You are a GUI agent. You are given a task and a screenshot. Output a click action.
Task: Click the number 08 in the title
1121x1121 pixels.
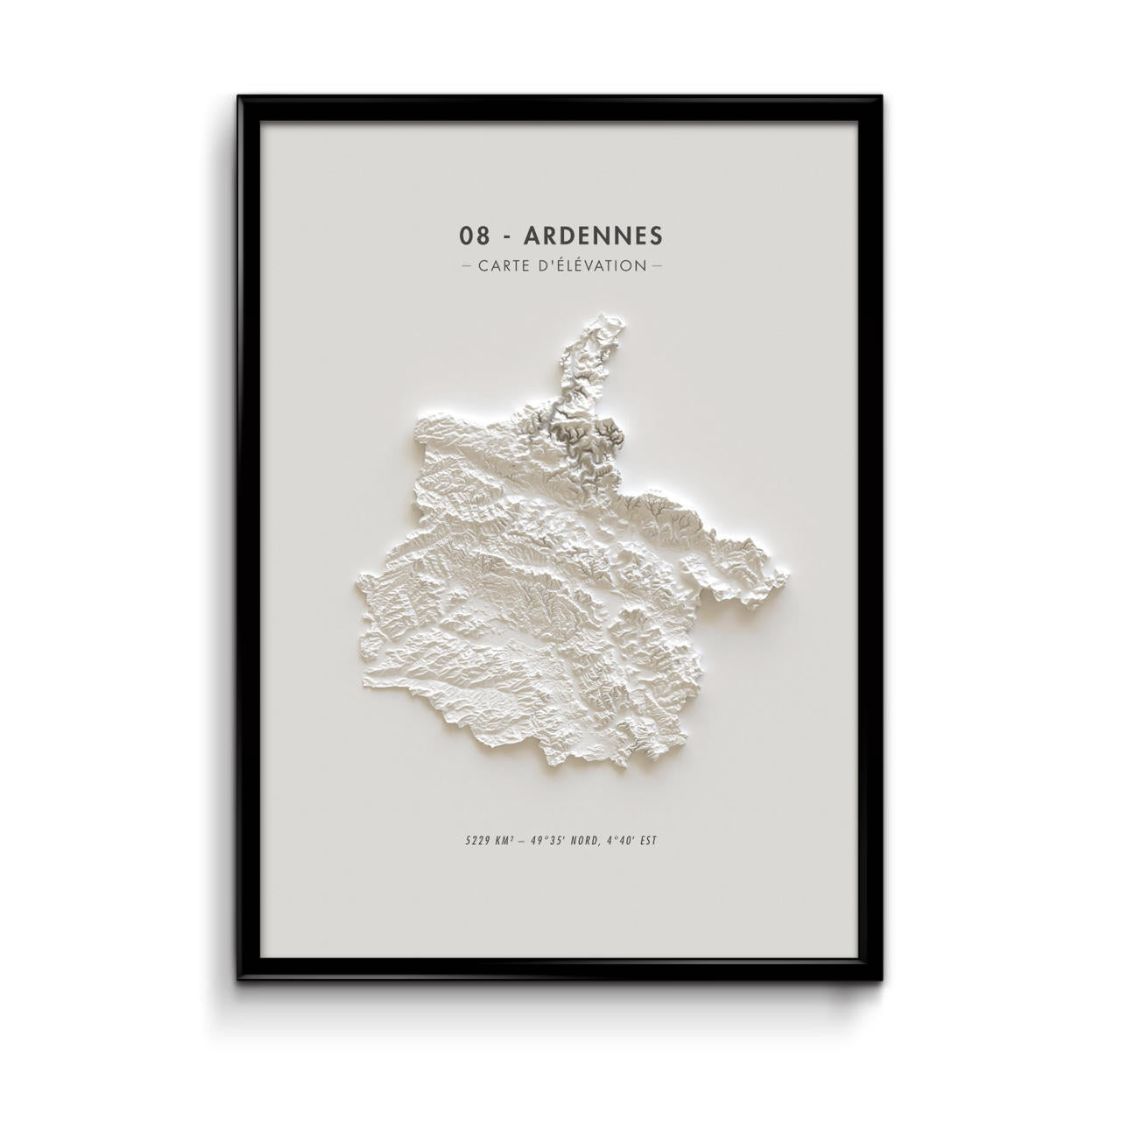coord(471,236)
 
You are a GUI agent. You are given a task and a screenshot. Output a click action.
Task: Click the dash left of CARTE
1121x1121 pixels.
coord(465,264)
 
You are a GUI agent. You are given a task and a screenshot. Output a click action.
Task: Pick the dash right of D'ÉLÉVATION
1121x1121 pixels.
coord(656,264)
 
